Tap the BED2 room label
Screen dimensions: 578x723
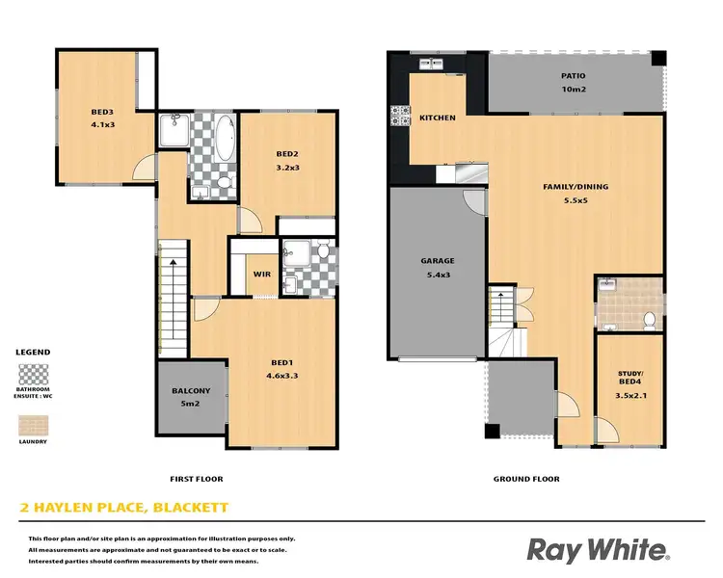click(286, 160)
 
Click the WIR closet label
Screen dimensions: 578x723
click(261, 275)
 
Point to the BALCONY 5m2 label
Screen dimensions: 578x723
click(192, 398)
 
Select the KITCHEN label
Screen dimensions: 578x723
click(438, 118)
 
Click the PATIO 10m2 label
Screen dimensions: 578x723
click(574, 83)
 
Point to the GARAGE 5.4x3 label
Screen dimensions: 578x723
click(437, 267)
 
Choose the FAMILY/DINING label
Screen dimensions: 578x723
click(574, 194)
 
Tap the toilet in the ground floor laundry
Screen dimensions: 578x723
click(649, 319)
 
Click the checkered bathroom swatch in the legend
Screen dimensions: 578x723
click(34, 374)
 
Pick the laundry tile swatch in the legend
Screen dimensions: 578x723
click(34, 424)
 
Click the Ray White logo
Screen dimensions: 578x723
click(597, 550)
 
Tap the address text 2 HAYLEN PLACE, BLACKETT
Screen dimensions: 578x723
click(125, 507)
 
